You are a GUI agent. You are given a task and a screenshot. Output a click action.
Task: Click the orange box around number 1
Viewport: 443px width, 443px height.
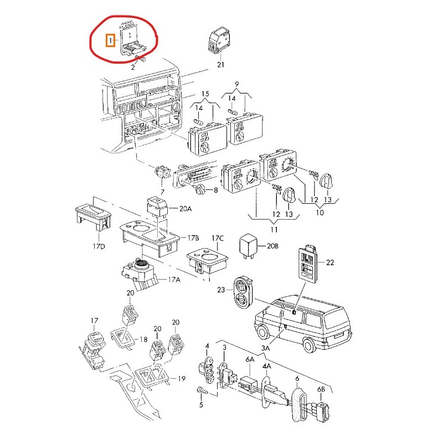[110, 40]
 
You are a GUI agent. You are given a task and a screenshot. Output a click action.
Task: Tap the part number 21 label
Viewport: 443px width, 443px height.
[220, 64]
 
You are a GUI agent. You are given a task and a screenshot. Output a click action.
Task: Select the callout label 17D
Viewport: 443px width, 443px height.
[99, 246]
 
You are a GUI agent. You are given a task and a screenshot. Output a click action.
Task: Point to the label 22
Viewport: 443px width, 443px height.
[329, 262]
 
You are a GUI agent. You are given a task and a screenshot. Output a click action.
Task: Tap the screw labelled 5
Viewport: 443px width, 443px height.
[203, 391]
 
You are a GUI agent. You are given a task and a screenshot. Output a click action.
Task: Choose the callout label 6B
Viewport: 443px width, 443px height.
[321, 389]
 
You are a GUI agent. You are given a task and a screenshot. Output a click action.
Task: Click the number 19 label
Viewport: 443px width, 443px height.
[181, 378]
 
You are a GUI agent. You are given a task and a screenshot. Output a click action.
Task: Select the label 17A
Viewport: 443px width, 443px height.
[174, 280]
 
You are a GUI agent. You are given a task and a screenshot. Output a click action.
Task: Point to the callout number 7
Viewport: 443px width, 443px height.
[162, 192]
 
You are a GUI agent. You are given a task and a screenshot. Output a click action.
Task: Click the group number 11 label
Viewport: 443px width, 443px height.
[274, 230]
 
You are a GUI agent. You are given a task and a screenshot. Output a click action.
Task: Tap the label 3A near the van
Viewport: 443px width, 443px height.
[265, 348]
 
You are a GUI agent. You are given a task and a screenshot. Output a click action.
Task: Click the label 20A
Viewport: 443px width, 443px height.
[186, 209]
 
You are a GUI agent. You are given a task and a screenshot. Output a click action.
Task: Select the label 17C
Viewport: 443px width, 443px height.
[218, 238]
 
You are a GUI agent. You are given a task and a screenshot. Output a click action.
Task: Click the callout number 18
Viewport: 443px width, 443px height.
[143, 339]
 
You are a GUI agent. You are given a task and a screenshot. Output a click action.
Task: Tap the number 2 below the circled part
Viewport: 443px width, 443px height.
[133, 67]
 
